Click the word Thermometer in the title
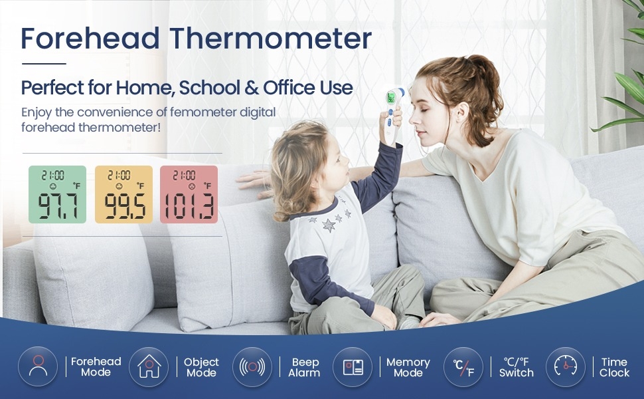[271, 39]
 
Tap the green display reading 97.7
[58, 195]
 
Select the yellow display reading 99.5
[123, 195]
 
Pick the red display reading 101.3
[189, 195]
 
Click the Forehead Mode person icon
[38, 366]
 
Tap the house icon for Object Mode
[149, 366]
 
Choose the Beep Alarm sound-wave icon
[252, 367]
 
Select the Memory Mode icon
[353, 367]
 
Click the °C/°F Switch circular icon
[463, 367]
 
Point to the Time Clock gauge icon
[566, 367]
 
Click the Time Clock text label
[614, 367]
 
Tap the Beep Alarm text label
[304, 367]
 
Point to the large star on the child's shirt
[329, 225]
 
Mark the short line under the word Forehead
[44, 64]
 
